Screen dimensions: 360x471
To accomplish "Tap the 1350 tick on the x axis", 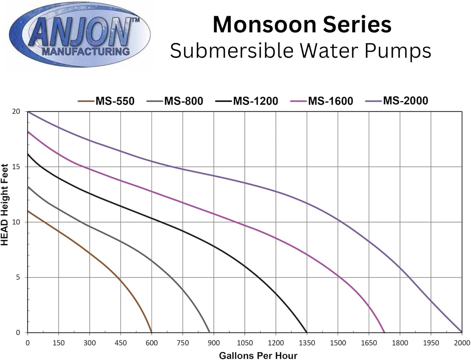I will (x=307, y=343).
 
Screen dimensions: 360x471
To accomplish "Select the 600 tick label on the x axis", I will (x=152, y=343).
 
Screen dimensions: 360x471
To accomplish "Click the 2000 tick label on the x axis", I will (x=462, y=343).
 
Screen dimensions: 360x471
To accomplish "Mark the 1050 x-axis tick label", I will (x=245, y=343).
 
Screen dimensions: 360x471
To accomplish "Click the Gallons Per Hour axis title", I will (x=258, y=355).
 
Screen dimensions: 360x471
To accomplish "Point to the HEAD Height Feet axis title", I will (x=5, y=205).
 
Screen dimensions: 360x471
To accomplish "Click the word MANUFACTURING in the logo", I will (x=85, y=51).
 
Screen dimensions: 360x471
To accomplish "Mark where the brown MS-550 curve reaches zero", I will (x=152, y=332).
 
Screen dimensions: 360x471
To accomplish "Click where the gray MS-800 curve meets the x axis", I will (x=209, y=332).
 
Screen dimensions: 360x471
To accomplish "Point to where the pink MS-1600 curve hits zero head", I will (x=384, y=332).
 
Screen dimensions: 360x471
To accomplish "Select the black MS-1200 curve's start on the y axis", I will (x=28, y=154).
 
